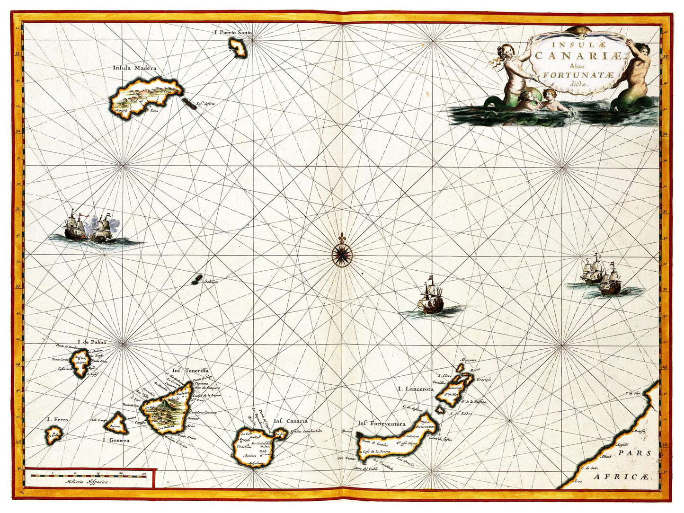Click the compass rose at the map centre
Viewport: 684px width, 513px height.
[x=342, y=255]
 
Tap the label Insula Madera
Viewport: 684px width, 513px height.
[x=134, y=68]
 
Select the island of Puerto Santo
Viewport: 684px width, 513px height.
[x=237, y=47]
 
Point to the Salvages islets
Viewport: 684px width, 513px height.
[x=195, y=280]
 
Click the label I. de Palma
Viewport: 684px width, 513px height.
[x=92, y=342]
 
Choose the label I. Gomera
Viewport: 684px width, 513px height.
[x=116, y=440]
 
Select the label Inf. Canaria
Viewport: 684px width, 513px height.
[x=290, y=421]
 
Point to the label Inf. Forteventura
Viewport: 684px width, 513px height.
[x=382, y=423]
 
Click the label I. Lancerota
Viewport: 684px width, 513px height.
[x=416, y=389]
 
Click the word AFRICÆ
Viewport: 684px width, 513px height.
[x=623, y=478]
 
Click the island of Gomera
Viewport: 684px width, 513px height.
[x=116, y=423]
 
